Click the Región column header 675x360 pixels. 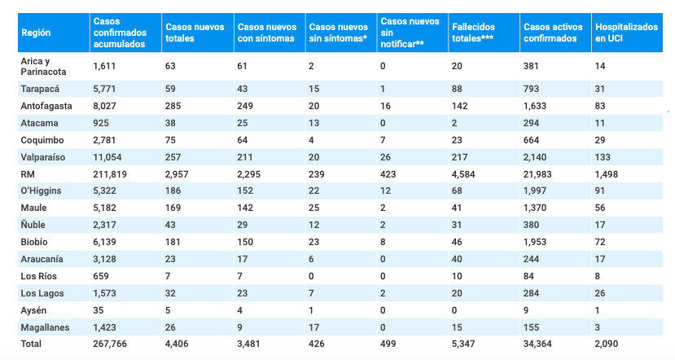[37, 33]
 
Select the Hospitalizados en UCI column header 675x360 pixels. [625, 33]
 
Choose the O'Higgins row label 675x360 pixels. [42, 190]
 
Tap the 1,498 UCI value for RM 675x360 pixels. [609, 173]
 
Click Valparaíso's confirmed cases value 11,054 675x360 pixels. [110, 156]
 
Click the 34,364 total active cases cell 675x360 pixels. [537, 344]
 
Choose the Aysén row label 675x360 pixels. [34, 310]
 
